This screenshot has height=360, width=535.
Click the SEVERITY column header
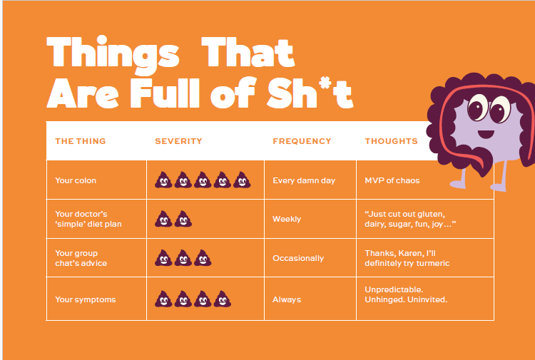click(178, 141)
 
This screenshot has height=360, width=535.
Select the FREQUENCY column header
click(302, 141)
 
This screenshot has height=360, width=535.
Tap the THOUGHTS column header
click(391, 141)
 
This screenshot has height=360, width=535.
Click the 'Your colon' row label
click(76, 180)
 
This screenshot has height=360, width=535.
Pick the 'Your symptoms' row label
click(85, 299)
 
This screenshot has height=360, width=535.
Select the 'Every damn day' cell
click(304, 180)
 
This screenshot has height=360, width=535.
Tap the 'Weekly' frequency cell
click(287, 219)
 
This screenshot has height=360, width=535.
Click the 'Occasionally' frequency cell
click(298, 258)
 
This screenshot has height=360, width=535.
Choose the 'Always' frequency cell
click(287, 299)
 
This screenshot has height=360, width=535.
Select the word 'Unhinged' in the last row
click(385, 299)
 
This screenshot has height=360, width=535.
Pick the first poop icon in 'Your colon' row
click(163, 180)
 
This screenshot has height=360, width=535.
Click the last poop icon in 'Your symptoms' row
click(221, 299)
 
